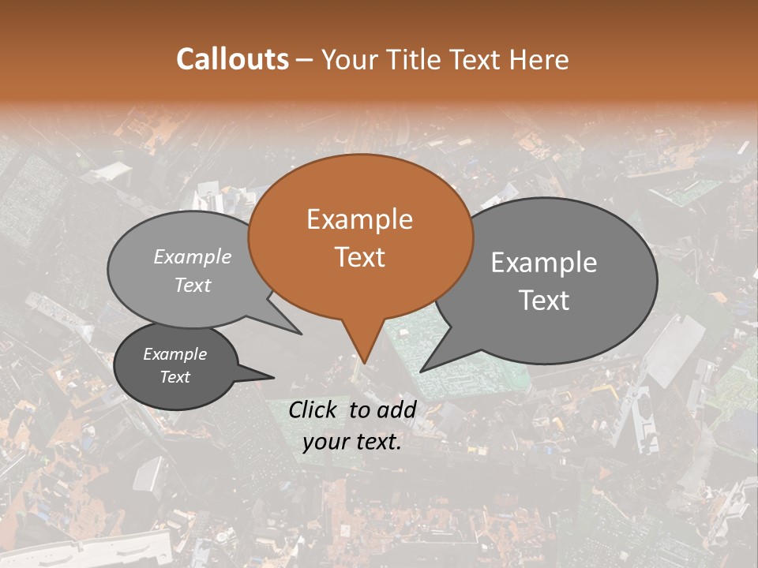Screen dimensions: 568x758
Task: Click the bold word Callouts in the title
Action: pos(232,59)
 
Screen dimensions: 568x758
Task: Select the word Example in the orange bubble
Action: pos(359,219)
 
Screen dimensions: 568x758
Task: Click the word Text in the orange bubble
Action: pos(359,256)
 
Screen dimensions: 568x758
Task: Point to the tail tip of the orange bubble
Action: pos(364,363)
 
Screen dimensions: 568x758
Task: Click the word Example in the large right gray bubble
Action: pos(544,263)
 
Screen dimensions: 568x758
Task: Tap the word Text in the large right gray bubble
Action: pos(544,300)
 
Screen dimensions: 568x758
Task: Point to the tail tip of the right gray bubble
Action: pos(421,371)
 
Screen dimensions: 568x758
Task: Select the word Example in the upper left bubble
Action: pos(193,256)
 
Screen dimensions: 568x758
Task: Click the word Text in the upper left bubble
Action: pos(193,285)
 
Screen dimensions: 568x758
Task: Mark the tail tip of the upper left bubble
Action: pos(302,334)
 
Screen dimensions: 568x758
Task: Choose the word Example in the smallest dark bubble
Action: pos(174,354)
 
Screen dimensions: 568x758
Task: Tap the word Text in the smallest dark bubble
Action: pos(174,377)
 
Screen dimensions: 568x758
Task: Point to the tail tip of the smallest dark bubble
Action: pos(274,377)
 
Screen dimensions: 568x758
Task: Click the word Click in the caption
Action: pos(314,409)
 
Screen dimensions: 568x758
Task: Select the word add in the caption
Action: pos(397,409)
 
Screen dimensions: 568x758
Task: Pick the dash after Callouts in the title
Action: pos(306,59)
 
